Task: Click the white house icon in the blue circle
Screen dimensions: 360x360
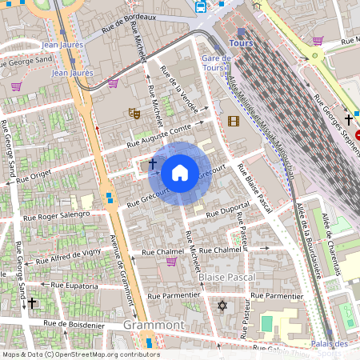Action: (x=180, y=172)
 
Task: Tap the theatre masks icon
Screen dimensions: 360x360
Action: (x=134, y=114)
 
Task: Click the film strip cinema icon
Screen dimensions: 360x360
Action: (x=233, y=122)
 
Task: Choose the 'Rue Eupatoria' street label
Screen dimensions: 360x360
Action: (x=74, y=285)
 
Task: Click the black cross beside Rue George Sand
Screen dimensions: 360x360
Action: (x=32, y=303)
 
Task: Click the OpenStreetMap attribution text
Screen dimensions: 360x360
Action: (x=80, y=354)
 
